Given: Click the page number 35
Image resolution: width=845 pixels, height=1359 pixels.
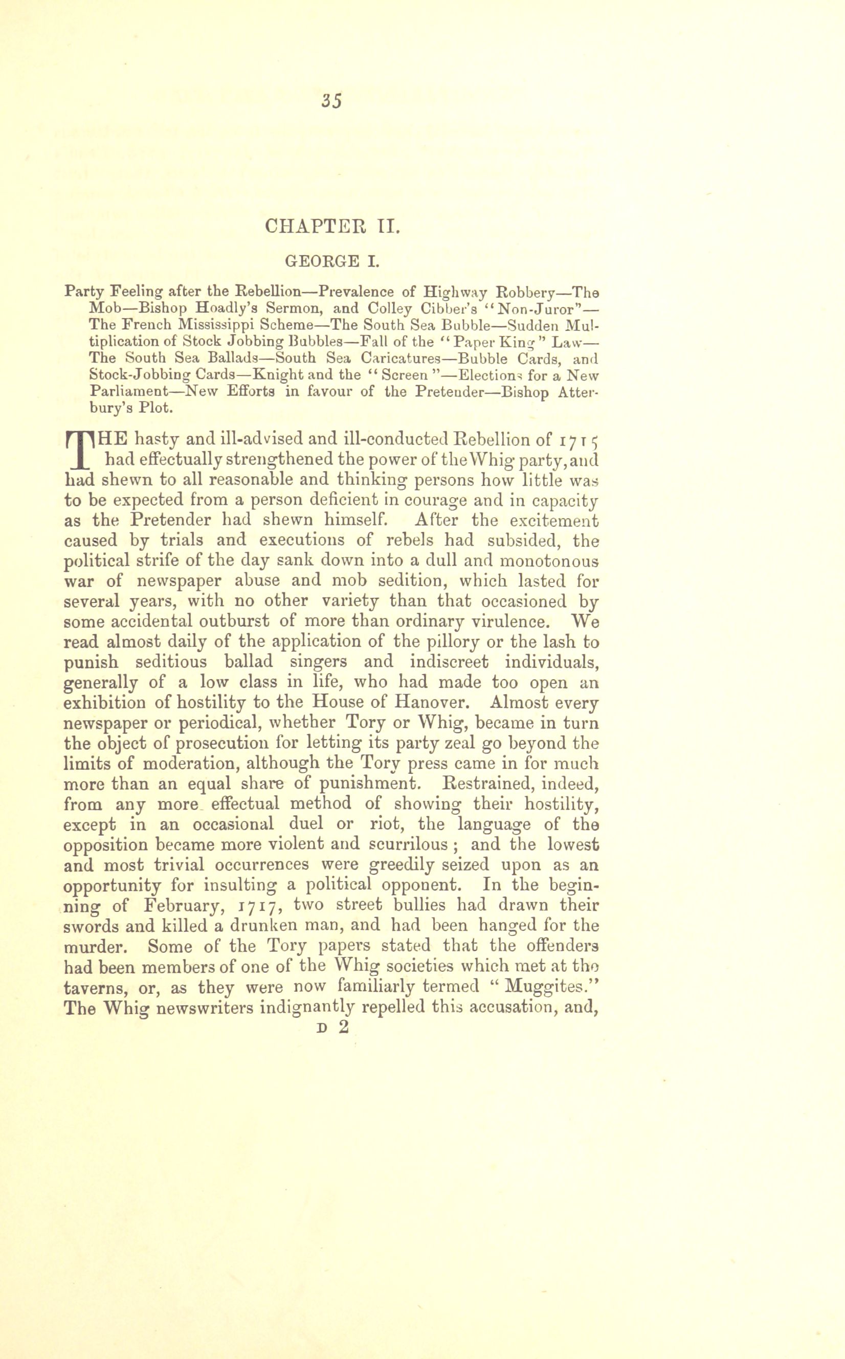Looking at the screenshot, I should (x=331, y=101).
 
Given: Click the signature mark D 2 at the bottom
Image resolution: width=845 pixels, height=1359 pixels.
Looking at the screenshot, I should (x=332, y=1027).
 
